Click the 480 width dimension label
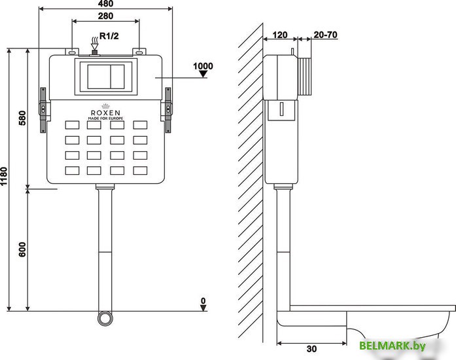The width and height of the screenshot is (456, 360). [105, 4]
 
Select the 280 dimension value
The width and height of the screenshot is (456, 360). [105, 16]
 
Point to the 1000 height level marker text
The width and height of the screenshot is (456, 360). [203, 66]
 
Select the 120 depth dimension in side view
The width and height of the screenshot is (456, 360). [281, 35]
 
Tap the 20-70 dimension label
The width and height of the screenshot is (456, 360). [325, 35]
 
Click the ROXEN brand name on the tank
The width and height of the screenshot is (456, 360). [105, 112]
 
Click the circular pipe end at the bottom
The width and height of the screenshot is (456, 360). [105, 320]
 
